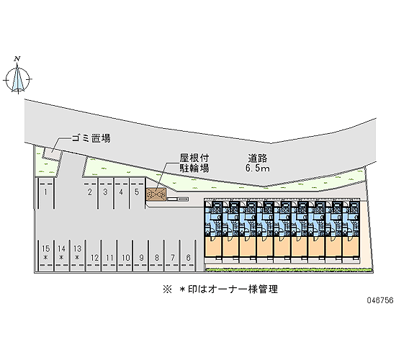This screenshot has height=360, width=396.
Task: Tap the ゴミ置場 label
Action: (x=91, y=138)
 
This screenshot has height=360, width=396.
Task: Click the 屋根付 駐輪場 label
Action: (x=194, y=163)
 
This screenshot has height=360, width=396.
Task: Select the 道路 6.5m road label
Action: (x=258, y=163)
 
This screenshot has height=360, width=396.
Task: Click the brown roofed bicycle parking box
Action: (x=156, y=194)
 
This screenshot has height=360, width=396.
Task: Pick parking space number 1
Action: (x=45, y=194)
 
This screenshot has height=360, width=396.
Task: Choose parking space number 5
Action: (x=137, y=193)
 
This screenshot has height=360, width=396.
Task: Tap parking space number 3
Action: (x=105, y=193)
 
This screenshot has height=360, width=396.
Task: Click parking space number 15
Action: (x=45, y=255)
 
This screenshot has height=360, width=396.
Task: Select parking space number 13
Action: (x=77, y=255)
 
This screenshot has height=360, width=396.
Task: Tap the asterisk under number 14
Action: (x=61, y=258)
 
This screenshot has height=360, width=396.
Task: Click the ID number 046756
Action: (x=380, y=300)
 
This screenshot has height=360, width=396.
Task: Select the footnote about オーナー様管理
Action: (x=220, y=289)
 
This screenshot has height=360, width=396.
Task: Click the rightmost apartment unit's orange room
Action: (x=351, y=246)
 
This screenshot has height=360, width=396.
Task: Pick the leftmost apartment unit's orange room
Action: (x=214, y=246)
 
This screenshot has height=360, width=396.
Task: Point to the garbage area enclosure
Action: (x=52, y=153)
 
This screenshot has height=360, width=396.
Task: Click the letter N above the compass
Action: (x=17, y=59)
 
